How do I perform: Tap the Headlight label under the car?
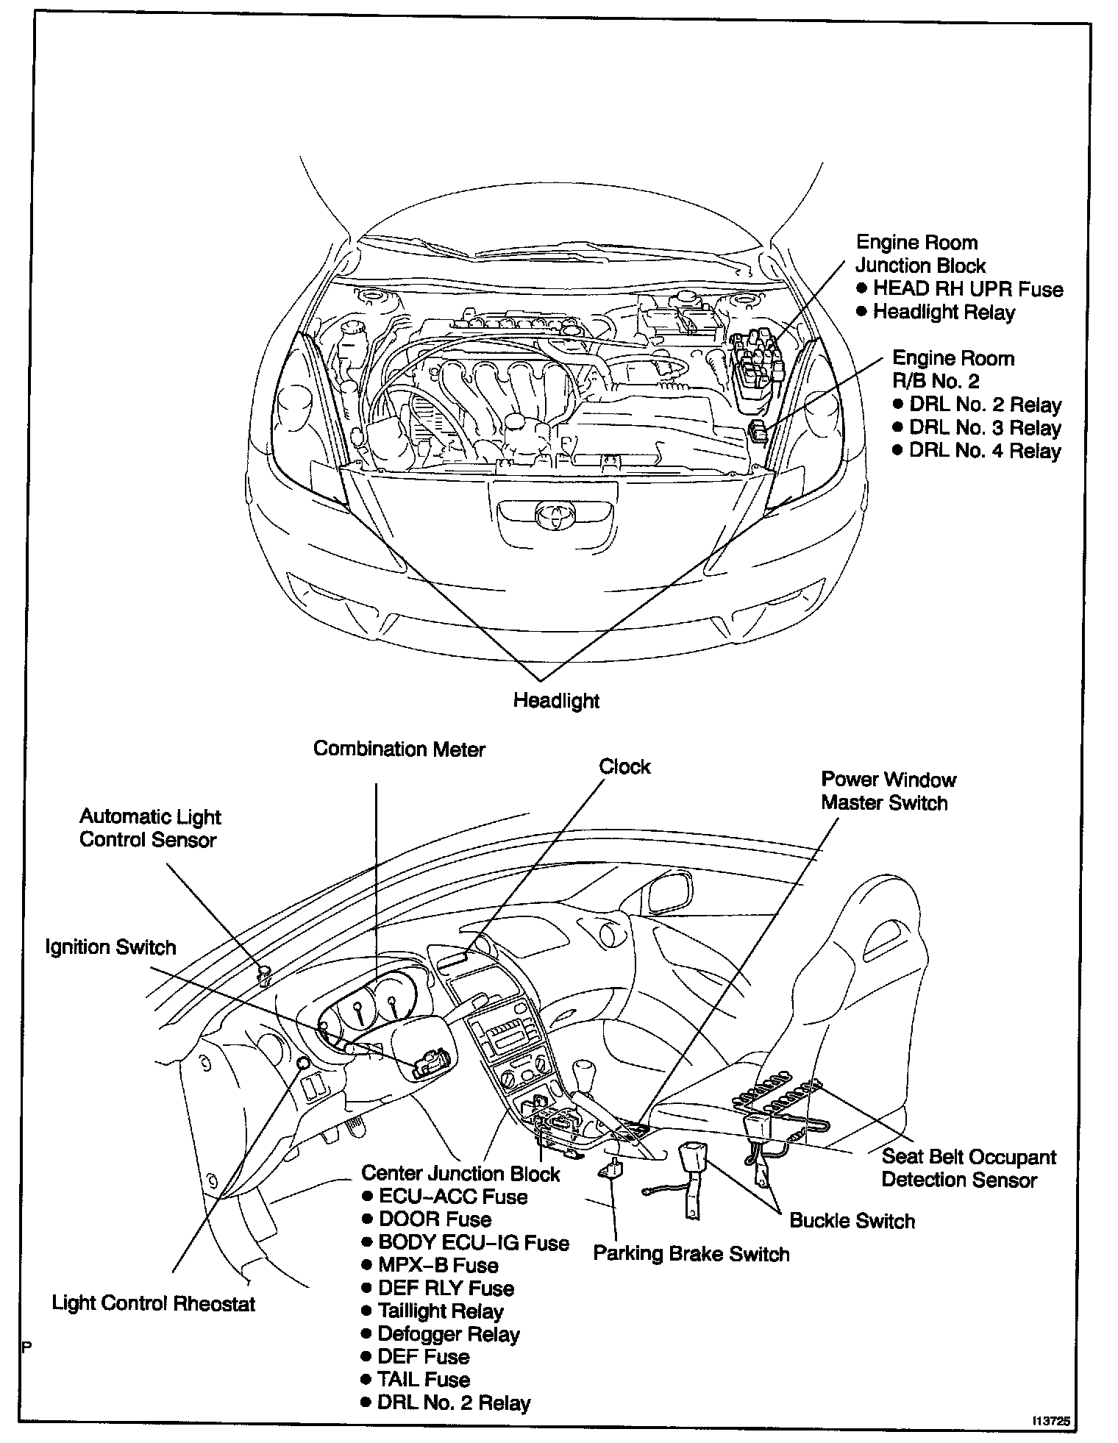click(556, 701)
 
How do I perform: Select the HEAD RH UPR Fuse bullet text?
click(967, 289)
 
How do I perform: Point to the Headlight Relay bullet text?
click(944, 313)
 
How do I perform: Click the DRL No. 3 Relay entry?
click(985, 428)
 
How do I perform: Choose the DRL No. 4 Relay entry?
click(985, 451)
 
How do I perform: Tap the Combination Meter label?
click(399, 749)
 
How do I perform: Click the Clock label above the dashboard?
click(624, 766)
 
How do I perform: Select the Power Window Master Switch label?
click(888, 791)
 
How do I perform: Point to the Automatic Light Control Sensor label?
click(150, 828)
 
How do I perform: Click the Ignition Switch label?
click(111, 947)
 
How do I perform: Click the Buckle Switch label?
click(852, 1221)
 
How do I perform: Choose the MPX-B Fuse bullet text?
click(438, 1265)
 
